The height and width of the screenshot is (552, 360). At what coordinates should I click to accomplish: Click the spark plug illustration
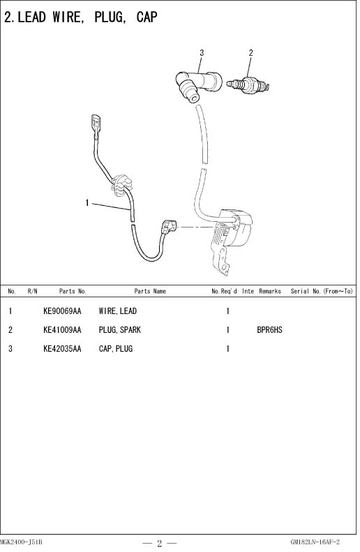coord(248,85)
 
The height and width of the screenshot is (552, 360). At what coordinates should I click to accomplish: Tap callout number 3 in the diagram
coord(202,53)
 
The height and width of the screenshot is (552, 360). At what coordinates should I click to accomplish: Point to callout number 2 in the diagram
coord(250,53)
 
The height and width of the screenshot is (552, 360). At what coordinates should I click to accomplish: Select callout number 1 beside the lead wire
coord(87,203)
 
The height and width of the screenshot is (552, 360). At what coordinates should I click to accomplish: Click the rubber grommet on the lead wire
coord(121,184)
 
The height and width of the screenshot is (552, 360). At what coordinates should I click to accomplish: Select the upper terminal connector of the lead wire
coord(96,126)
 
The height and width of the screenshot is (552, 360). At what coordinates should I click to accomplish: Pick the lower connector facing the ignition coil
coord(169,227)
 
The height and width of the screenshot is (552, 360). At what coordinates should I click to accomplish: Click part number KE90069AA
coord(62,311)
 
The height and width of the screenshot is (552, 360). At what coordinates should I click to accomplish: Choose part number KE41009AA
coord(62,330)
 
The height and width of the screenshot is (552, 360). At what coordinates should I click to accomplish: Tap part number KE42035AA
coord(62,349)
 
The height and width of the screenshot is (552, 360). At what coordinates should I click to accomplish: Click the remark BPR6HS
coord(269,330)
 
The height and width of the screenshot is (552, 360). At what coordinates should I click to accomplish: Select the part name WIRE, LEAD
coord(117,311)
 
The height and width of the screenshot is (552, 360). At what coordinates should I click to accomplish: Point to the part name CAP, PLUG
coord(115,349)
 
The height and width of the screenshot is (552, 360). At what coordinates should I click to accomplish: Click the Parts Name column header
coord(150,291)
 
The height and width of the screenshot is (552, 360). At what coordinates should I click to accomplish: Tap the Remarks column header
coord(270,291)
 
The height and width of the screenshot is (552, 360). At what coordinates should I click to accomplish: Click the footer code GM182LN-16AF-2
coord(315,542)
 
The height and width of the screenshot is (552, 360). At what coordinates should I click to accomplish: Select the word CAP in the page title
coord(147,17)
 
